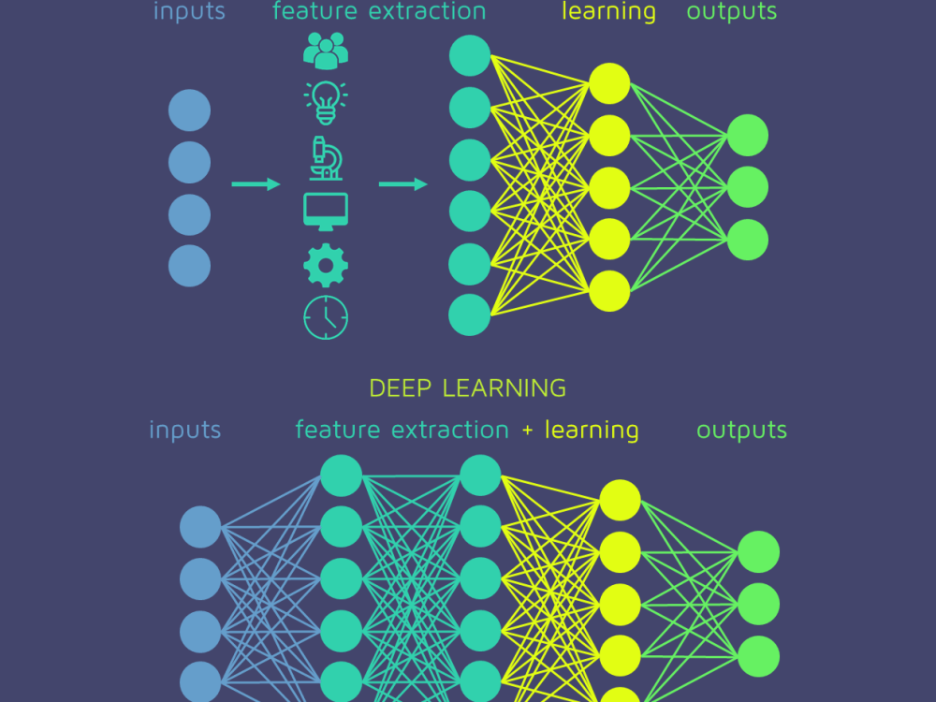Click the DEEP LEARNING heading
(x=467, y=388)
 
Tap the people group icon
(x=326, y=51)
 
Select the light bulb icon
(x=326, y=103)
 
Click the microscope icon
(x=326, y=158)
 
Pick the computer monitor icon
(x=326, y=212)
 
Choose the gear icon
(x=326, y=265)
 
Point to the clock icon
(x=326, y=317)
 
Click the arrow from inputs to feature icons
(x=256, y=183)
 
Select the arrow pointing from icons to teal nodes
(x=402, y=183)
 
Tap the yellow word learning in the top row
(x=609, y=11)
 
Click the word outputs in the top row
(x=732, y=11)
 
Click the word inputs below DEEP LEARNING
(x=185, y=431)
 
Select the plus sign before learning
(x=527, y=431)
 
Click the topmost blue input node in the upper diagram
(x=189, y=110)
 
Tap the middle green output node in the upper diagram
(x=748, y=187)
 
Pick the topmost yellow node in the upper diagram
(x=609, y=83)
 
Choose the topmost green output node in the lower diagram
(x=759, y=552)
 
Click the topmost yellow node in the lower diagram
(x=621, y=500)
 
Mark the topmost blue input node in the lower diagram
(x=200, y=527)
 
